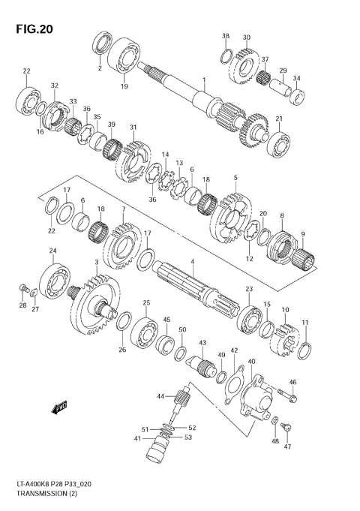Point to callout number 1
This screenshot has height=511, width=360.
tap(202, 80)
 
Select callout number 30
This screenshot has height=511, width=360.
tap(246, 38)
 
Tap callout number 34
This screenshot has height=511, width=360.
tap(297, 79)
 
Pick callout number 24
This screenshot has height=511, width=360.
tap(52, 251)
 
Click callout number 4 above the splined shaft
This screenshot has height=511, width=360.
tap(192, 261)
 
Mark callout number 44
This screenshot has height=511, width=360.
tap(160, 395)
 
